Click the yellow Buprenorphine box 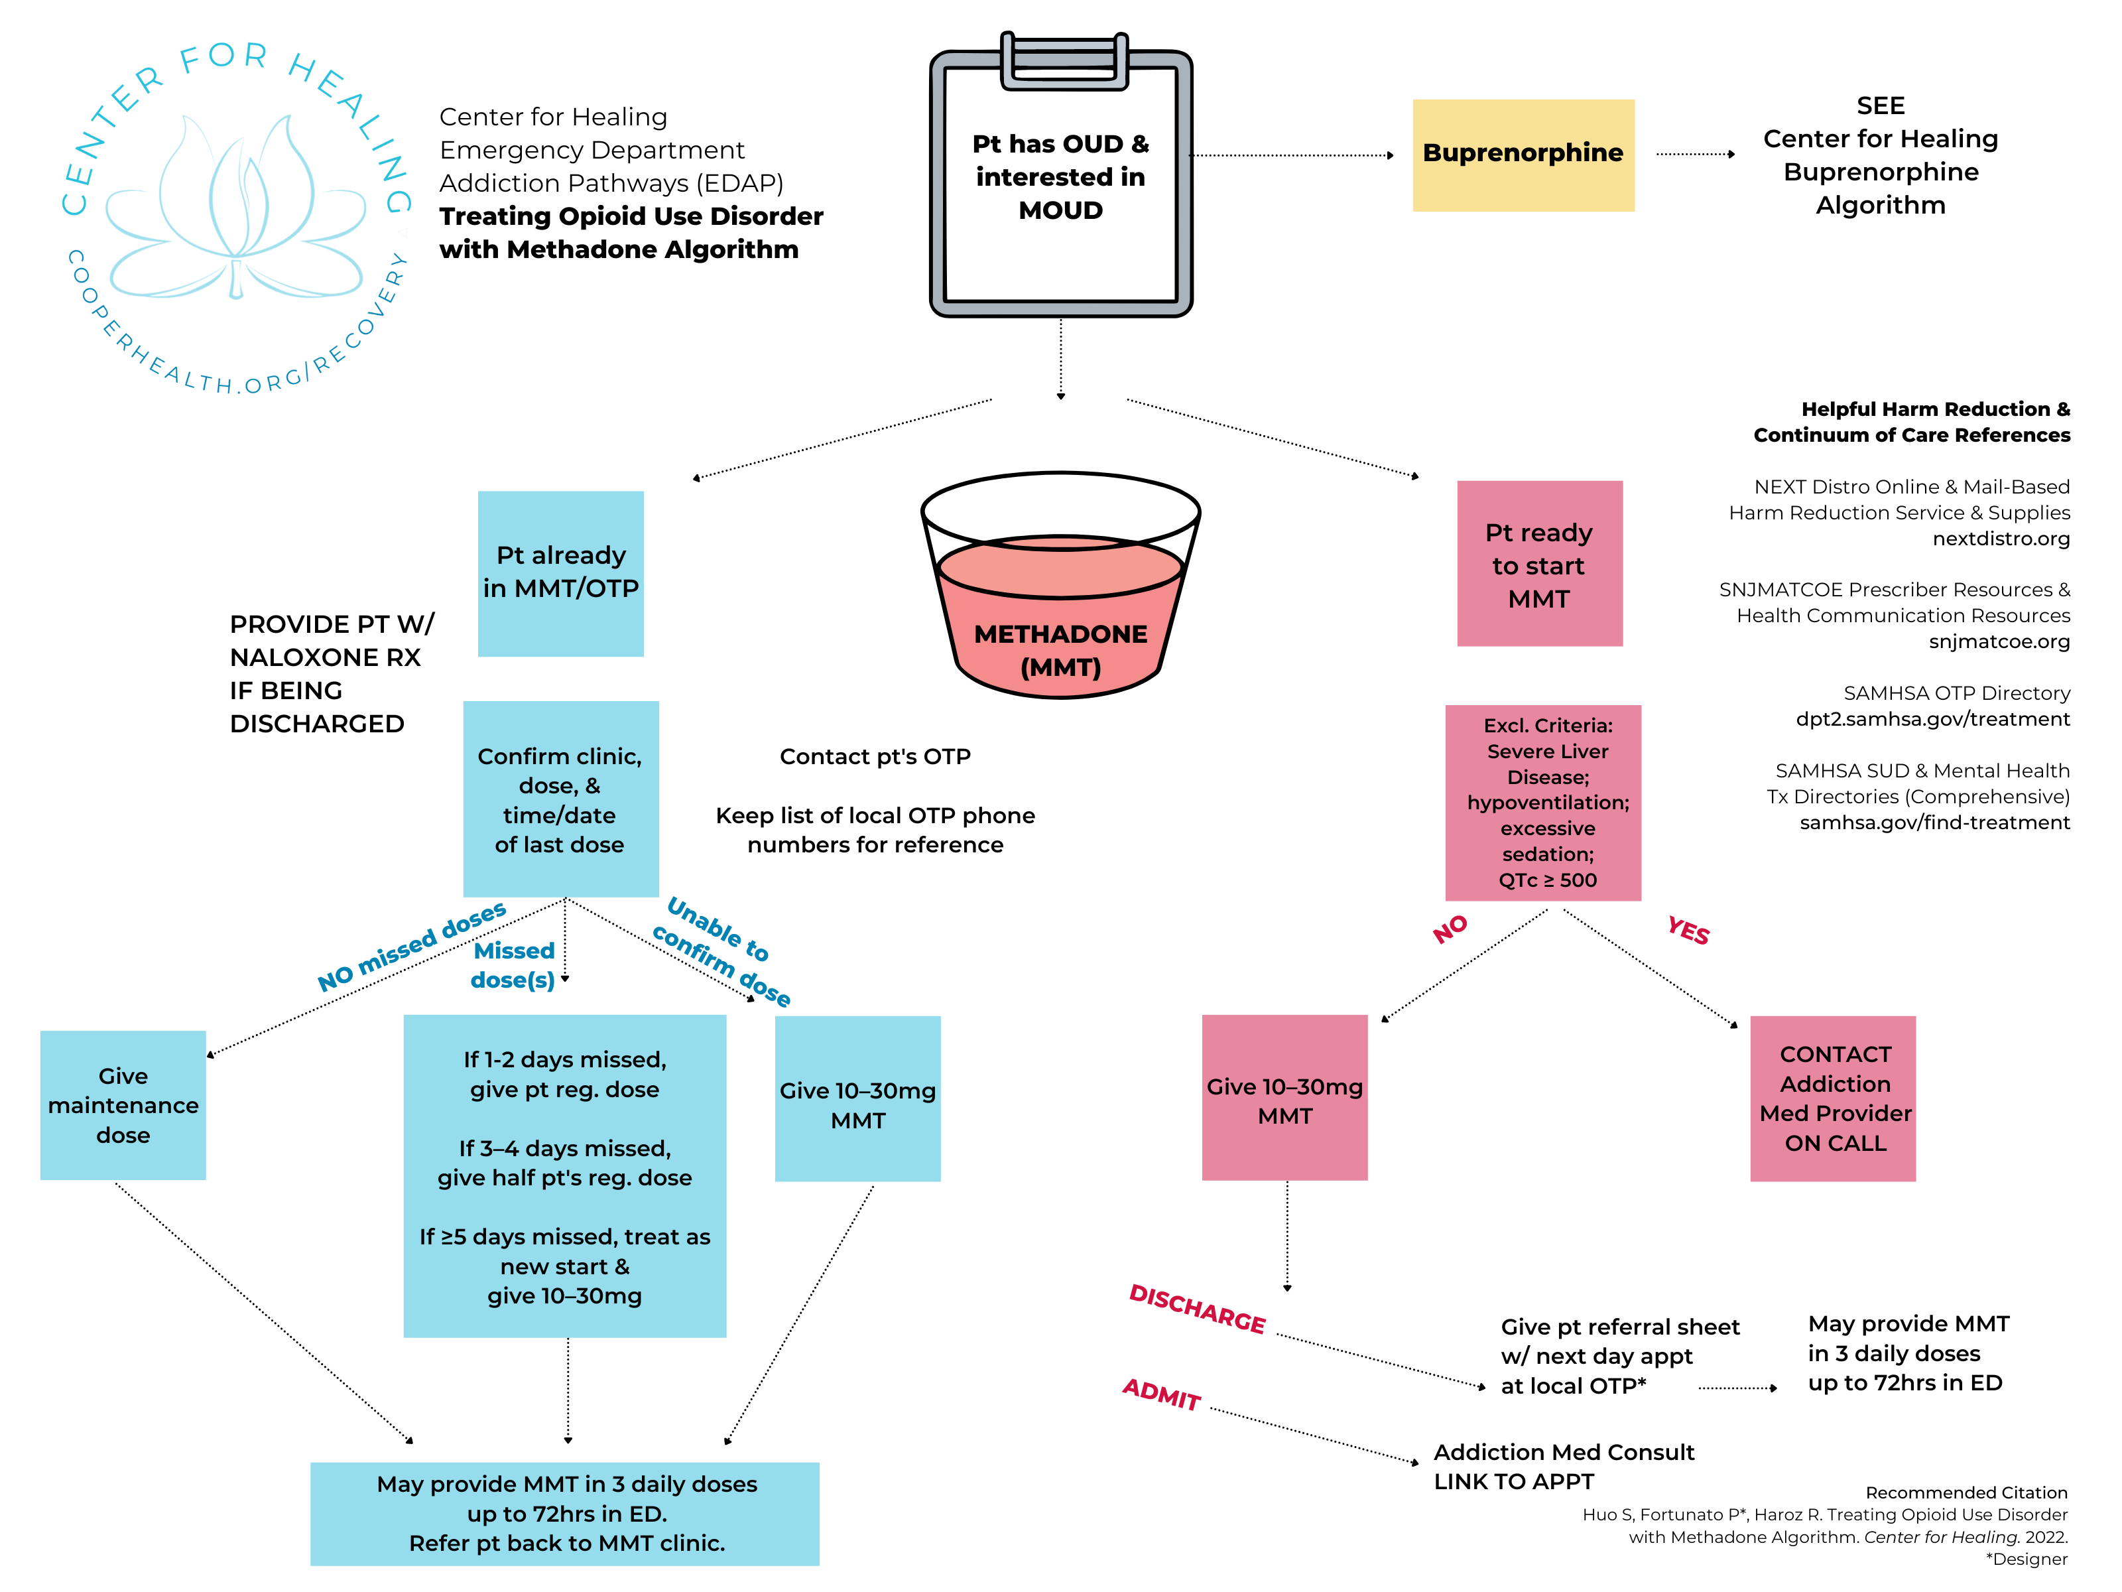tap(1523, 155)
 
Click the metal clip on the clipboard tap(1063, 62)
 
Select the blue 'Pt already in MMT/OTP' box tap(560, 573)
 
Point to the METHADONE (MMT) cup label tap(1060, 649)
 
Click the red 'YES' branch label tap(1688, 930)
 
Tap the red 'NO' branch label tap(1450, 928)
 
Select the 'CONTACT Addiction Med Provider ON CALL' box tap(1834, 1098)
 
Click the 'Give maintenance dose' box tap(123, 1104)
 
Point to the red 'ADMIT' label tap(1160, 1394)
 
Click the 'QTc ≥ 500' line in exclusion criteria tap(1547, 880)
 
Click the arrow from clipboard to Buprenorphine tap(1290, 155)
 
